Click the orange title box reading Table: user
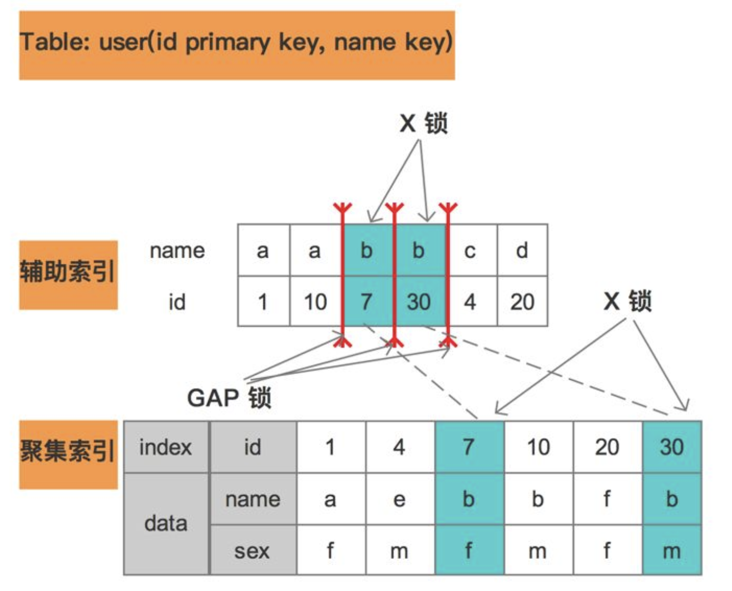[236, 45]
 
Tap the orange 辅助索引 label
[68, 274]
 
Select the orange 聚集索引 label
[68, 454]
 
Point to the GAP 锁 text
[229, 398]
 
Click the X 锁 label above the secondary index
[423, 124]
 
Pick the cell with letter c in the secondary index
[470, 250]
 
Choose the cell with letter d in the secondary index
[522, 250]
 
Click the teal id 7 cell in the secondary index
[367, 302]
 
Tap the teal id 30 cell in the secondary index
[419, 302]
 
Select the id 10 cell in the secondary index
[315, 302]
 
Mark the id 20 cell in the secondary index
[522, 302]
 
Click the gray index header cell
[166, 447]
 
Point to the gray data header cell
[166, 524]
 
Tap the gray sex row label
[252, 551]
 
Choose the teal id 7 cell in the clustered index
[469, 447]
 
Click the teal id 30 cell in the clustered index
[672, 447]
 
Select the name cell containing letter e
[400, 499]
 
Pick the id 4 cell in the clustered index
[400, 447]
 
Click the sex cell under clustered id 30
[672, 551]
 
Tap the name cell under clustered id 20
[607, 499]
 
